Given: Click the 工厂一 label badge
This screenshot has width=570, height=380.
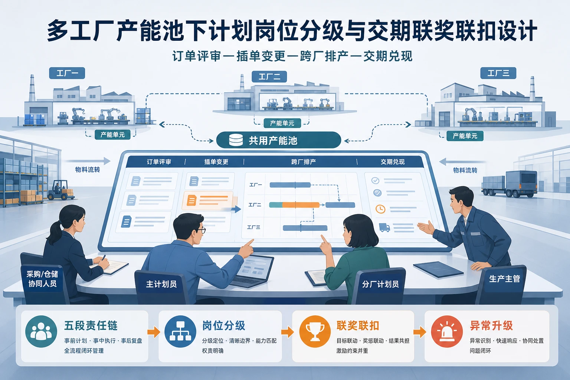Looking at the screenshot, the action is click(x=67, y=73).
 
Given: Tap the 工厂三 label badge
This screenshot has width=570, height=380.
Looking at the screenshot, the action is click(x=498, y=73).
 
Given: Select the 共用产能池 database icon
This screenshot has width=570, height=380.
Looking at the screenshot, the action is click(x=236, y=140).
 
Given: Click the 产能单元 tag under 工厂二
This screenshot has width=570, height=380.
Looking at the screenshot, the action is click(x=282, y=124).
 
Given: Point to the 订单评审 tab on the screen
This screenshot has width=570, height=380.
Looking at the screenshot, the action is click(x=159, y=162).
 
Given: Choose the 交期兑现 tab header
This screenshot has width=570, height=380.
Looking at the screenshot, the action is click(x=392, y=162).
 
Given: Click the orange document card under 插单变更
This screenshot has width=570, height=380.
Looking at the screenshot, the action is click(x=208, y=200).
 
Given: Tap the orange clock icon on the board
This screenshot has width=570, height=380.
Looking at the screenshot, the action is click(x=380, y=209).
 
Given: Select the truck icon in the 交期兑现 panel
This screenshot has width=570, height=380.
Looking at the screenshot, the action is click(x=384, y=227).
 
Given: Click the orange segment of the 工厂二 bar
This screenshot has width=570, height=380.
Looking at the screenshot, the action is click(x=301, y=205).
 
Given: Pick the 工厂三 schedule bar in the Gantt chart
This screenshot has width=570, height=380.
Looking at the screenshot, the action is click(x=305, y=228).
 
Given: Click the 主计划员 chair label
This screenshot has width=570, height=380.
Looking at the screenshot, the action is click(x=161, y=284).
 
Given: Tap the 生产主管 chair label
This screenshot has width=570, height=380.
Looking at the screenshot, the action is click(x=505, y=279).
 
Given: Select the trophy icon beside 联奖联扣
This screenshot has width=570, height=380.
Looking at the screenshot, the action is click(x=315, y=331).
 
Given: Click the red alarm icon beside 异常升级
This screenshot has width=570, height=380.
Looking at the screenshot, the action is click(x=447, y=331).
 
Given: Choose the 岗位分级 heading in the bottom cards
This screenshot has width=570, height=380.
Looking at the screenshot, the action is click(x=224, y=325).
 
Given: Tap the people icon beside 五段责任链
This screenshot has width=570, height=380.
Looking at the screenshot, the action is click(x=41, y=331).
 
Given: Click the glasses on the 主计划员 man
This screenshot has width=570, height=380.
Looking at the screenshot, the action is click(x=199, y=231).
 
